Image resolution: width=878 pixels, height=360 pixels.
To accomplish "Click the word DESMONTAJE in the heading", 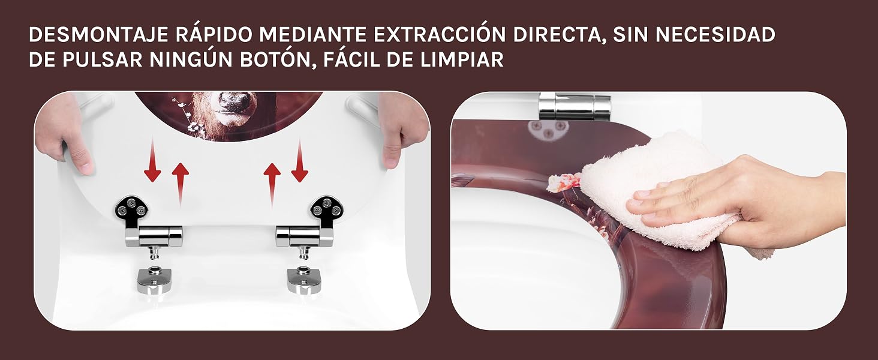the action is (x=98, y=35).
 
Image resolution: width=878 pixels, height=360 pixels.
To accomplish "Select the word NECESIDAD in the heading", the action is (x=715, y=35).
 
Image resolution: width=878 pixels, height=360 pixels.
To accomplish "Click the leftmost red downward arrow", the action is (x=152, y=160).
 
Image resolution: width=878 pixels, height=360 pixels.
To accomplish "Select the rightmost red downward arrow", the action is (x=300, y=161).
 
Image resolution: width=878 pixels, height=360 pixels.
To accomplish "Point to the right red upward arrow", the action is (x=272, y=185).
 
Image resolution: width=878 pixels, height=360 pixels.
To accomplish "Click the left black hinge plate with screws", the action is (x=132, y=210).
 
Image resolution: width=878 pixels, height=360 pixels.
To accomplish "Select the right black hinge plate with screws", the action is (x=326, y=210).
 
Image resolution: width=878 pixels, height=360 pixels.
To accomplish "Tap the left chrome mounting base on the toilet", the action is (x=155, y=280).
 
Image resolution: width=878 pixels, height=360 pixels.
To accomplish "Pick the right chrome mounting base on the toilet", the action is (x=305, y=280).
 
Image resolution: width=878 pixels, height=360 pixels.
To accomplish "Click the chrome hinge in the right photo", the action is (x=575, y=106).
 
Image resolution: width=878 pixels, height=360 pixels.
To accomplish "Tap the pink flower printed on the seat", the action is (x=564, y=182).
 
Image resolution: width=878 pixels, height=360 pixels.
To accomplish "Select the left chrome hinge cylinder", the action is (x=154, y=236).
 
